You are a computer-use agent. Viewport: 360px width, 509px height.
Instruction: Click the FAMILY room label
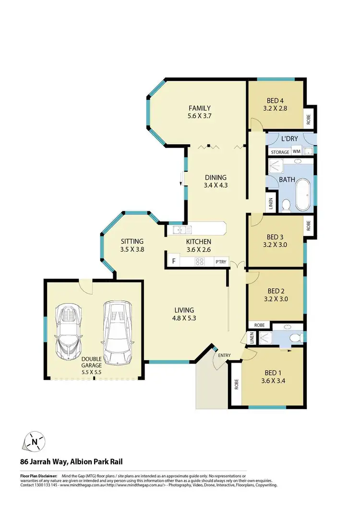pyautogui.click(x=199, y=108)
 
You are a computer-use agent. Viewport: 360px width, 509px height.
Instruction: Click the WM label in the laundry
pyautogui.click(x=297, y=152)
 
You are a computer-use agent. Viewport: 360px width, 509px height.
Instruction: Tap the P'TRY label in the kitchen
pyautogui.click(x=221, y=262)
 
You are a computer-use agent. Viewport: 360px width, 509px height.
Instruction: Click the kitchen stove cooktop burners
pyautogui.click(x=200, y=262)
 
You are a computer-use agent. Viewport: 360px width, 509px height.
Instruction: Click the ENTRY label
pyautogui.click(x=224, y=355)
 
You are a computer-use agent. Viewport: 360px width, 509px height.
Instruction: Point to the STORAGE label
pyautogui.click(x=280, y=152)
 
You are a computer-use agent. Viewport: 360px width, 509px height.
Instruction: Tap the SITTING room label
pyautogui.click(x=132, y=241)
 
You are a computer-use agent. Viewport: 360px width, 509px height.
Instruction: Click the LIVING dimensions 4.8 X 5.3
pyautogui.click(x=184, y=317)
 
